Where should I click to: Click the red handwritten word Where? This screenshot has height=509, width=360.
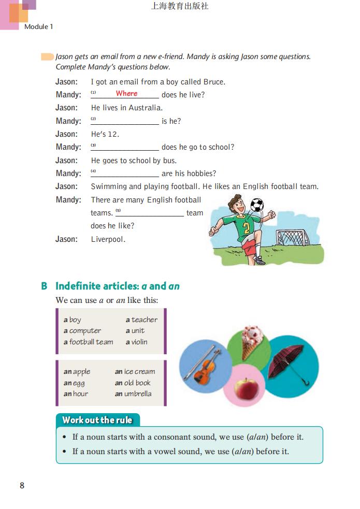pos(126,94)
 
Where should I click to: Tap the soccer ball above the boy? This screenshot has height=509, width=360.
pos(257,205)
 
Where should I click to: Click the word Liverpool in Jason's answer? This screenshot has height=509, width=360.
pos(108,239)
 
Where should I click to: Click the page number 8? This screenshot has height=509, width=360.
pos(22,485)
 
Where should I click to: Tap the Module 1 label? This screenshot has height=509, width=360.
pos(39,26)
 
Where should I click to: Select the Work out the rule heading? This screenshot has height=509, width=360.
pos(97,420)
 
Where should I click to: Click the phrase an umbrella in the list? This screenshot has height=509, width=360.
pos(133,394)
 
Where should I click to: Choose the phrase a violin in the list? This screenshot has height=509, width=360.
pos(136,342)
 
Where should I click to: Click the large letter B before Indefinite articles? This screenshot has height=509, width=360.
pos(45,286)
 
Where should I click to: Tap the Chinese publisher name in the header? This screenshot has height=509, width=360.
pos(180,7)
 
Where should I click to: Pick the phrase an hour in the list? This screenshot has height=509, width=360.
pos(76,394)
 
